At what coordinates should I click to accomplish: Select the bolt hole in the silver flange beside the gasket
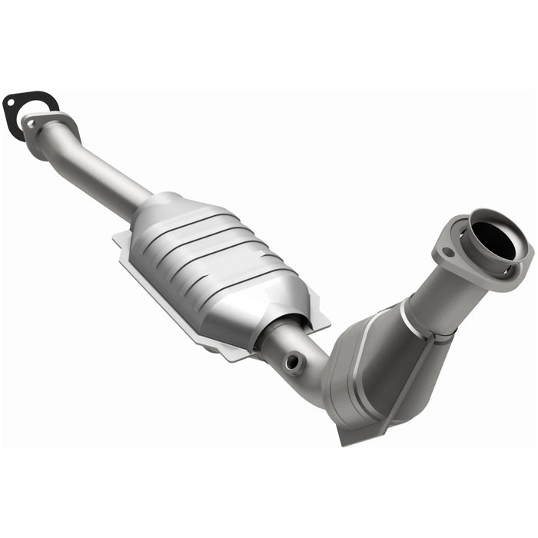click(x=32, y=120)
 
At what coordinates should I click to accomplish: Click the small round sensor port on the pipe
click(x=293, y=360)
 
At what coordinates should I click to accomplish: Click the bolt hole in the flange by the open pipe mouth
click(x=445, y=250)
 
